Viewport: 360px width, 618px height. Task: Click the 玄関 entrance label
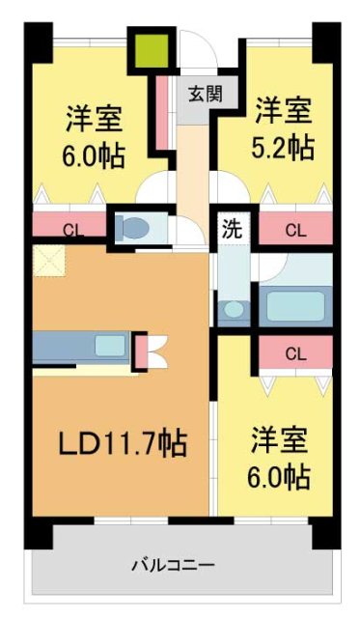tap(204, 94)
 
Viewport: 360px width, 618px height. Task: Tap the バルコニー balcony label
tap(174, 566)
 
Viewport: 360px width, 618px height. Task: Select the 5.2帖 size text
tap(284, 148)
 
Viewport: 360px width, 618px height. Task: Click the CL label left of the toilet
tap(71, 230)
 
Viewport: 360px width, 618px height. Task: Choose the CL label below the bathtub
tap(295, 353)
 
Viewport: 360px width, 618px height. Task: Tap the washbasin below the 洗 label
tap(233, 310)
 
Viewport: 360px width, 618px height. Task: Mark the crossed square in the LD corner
tap(47, 259)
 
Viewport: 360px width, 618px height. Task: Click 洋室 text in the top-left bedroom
tap(95, 120)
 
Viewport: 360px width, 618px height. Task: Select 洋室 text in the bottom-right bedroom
tap(279, 440)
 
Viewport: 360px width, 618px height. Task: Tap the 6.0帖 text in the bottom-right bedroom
tap(279, 476)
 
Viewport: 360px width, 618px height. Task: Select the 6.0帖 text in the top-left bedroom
tap(95, 155)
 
